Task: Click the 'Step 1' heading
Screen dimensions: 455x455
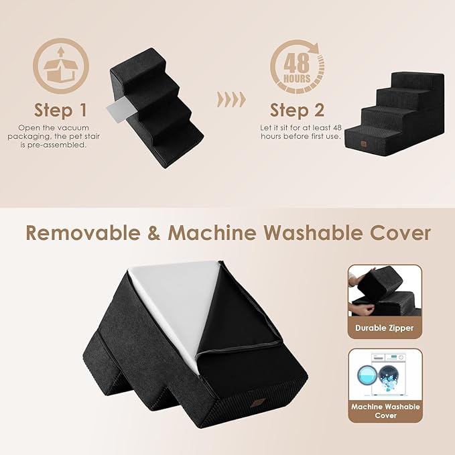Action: click(61, 109)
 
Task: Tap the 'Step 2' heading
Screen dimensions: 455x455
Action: click(298, 109)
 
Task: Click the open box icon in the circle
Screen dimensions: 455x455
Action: click(61, 65)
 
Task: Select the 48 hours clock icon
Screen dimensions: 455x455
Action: click(297, 65)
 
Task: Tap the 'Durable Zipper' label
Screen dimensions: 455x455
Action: click(384, 328)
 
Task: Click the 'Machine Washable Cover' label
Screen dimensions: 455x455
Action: click(384, 411)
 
